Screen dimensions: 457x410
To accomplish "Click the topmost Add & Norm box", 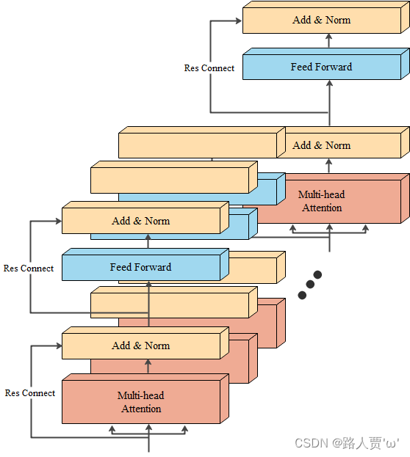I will [x=321, y=21].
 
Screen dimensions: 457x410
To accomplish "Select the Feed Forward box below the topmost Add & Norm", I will [x=321, y=67].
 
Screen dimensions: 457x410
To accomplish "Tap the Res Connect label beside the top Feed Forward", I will [x=209, y=68].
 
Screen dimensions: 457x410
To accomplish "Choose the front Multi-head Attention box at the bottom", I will [x=140, y=402].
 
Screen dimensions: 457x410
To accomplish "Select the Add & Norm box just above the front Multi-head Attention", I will [x=140, y=346].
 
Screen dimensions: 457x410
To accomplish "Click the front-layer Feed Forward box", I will [x=140, y=268].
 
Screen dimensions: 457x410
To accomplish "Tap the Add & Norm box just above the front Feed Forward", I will [x=140, y=221].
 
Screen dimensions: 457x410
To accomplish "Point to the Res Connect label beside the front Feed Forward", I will [x=29, y=268].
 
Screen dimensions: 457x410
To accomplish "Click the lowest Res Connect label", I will [x=30, y=393].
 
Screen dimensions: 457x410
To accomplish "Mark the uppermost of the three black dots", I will [x=318, y=275].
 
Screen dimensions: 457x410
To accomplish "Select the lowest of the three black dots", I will [x=302, y=295].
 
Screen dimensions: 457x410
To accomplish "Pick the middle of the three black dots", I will [x=310, y=285].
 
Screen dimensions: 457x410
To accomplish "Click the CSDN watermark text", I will [x=346, y=443].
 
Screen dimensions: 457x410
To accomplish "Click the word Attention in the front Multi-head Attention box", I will [x=140, y=409].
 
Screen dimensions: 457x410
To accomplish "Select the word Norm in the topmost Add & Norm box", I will [x=338, y=21].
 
